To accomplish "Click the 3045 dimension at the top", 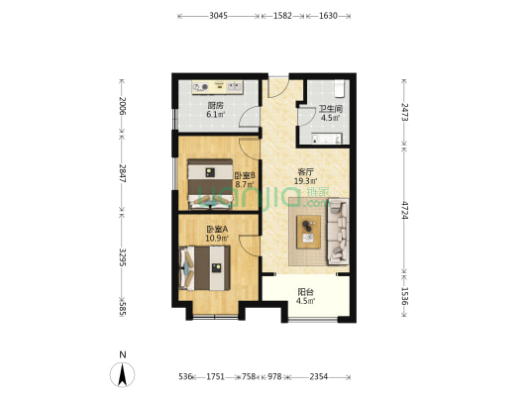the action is [218, 16].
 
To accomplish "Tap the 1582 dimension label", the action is [282, 16].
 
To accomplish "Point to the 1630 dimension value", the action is [328, 16].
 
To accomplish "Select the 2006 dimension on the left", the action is [122, 106].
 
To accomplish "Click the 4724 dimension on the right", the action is [405, 210].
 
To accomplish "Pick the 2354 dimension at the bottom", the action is [319, 376].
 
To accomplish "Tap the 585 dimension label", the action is [122, 309].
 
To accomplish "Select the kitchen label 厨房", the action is [215, 106].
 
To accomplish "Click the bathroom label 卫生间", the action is [330, 109].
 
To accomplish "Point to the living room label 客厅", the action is [306, 172].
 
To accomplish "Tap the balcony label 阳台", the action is [305, 292].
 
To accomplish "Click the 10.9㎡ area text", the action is [217, 239].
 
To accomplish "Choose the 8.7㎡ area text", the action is [244, 184].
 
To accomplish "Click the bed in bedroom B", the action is [210, 184].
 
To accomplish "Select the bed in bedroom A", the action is [204, 268].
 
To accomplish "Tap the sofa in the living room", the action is [338, 232].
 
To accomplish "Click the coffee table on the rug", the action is [308, 232].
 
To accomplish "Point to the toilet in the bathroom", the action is [339, 88].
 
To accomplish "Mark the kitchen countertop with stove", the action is [218, 87].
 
